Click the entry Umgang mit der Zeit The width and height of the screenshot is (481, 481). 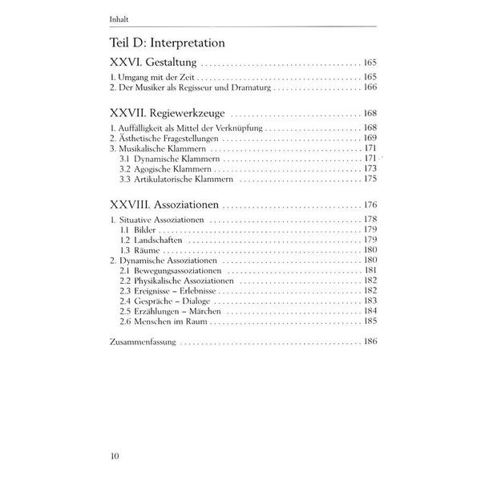(151, 77)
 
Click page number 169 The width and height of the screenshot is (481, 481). (370, 139)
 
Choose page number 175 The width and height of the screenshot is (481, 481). (370, 180)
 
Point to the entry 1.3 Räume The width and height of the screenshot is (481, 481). (139, 250)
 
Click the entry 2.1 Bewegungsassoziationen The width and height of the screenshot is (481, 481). (174, 271)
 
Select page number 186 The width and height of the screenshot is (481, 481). (370, 342)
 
